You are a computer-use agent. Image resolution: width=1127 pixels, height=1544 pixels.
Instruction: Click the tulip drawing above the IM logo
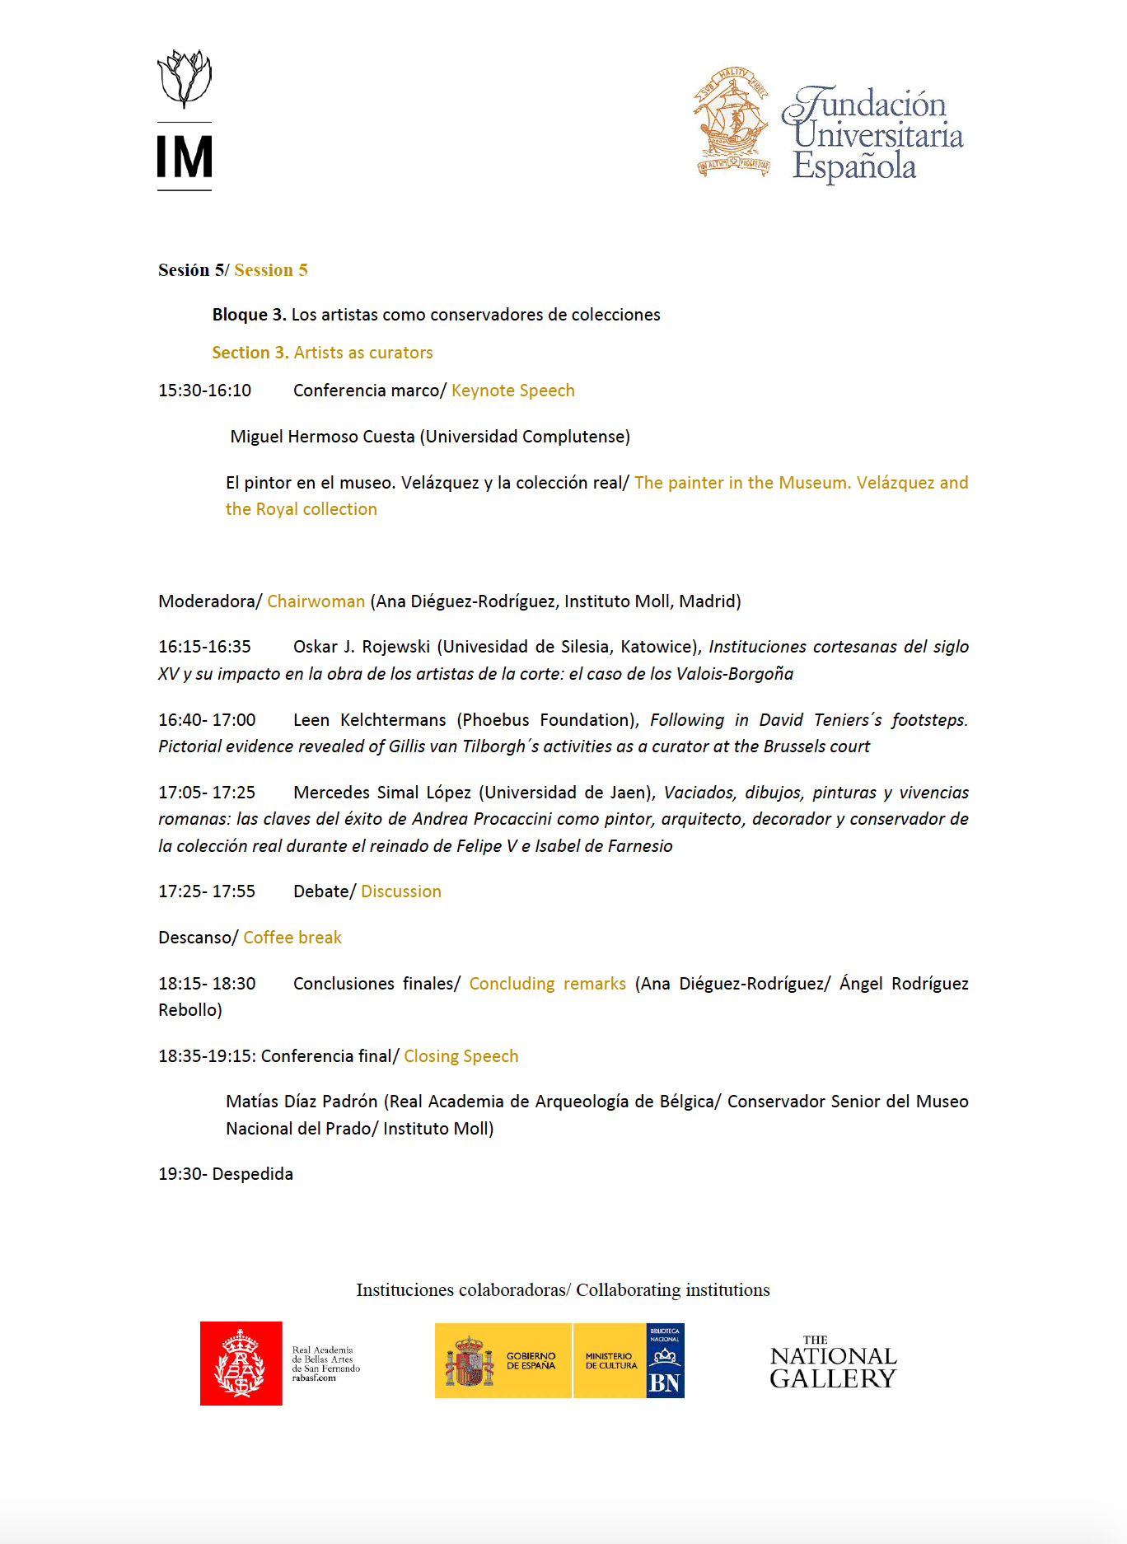pyautogui.click(x=185, y=78)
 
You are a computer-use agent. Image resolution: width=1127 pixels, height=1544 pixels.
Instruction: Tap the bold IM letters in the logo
pyautogui.click(x=185, y=157)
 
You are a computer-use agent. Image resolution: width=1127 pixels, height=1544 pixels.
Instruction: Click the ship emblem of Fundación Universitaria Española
pyautogui.click(x=732, y=123)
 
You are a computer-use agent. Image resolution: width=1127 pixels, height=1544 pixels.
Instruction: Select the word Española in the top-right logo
pyautogui.click(x=854, y=167)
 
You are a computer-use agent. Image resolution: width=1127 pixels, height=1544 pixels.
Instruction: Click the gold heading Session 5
pyautogui.click(x=271, y=270)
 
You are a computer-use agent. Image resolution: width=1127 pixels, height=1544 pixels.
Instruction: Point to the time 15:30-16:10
pyautogui.click(x=205, y=391)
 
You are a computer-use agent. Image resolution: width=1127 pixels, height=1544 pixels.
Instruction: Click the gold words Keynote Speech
pyautogui.click(x=512, y=391)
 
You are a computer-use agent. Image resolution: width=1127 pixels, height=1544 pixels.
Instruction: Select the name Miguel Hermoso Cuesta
pyautogui.click(x=322, y=437)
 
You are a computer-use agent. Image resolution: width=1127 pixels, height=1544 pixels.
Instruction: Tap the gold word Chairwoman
pyautogui.click(x=316, y=601)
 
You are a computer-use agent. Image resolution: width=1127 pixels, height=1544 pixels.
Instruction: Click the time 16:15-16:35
pyautogui.click(x=205, y=647)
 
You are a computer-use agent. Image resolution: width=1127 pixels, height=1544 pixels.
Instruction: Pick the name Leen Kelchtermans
pyautogui.click(x=369, y=720)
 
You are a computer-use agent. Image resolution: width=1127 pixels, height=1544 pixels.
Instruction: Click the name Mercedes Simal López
pyautogui.click(x=382, y=793)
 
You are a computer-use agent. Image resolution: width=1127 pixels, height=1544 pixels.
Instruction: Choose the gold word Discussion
pyautogui.click(x=401, y=891)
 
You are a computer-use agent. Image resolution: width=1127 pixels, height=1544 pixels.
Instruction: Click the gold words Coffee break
pyautogui.click(x=292, y=938)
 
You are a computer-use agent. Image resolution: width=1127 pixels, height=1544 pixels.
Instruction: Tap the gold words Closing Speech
pyautogui.click(x=461, y=1056)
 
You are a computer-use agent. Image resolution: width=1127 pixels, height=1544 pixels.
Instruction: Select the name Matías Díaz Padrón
pyautogui.click(x=302, y=1102)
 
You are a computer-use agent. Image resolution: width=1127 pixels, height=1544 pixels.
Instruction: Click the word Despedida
pyautogui.click(x=253, y=1174)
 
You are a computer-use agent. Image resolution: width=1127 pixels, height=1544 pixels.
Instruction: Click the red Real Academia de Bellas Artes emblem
pyautogui.click(x=241, y=1364)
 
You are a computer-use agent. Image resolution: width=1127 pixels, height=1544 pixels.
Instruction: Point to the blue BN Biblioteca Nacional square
pyautogui.click(x=665, y=1360)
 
